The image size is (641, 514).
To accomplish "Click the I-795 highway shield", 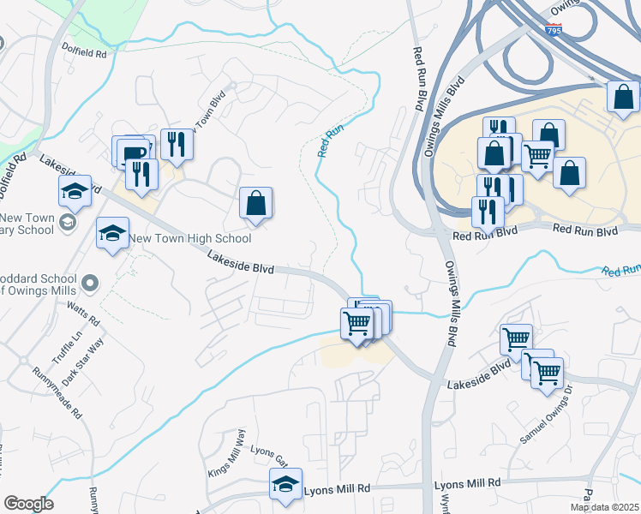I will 553,30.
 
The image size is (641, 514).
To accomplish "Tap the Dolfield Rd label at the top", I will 85,53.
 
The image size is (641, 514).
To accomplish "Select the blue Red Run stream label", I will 331,141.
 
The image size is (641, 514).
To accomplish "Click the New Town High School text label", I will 191,239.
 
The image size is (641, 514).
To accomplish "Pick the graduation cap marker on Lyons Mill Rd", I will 285,485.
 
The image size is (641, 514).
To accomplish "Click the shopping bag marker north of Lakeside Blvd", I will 255,205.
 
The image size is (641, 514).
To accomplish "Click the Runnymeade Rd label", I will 57,393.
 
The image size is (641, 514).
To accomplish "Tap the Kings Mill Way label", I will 226,454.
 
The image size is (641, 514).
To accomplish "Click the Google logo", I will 28,504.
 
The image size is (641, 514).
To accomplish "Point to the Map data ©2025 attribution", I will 604,507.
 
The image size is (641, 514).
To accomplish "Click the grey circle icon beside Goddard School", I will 90,282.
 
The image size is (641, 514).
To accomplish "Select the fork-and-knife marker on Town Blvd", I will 177,144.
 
